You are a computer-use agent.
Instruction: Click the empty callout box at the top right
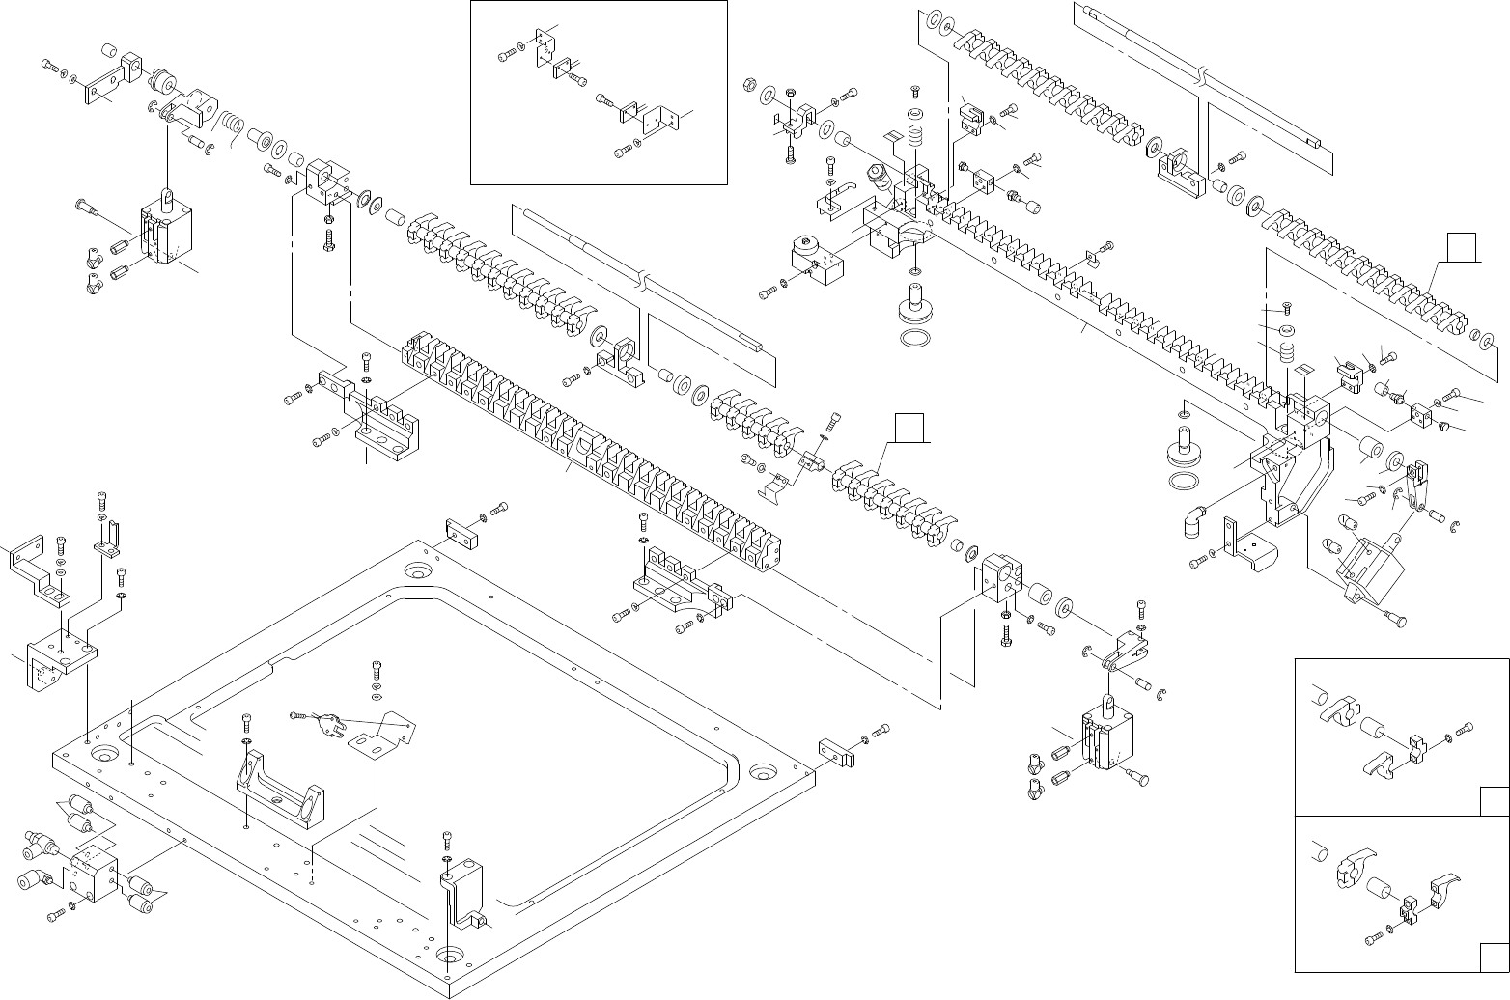point(1464,247)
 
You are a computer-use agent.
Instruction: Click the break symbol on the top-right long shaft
point(1204,73)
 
